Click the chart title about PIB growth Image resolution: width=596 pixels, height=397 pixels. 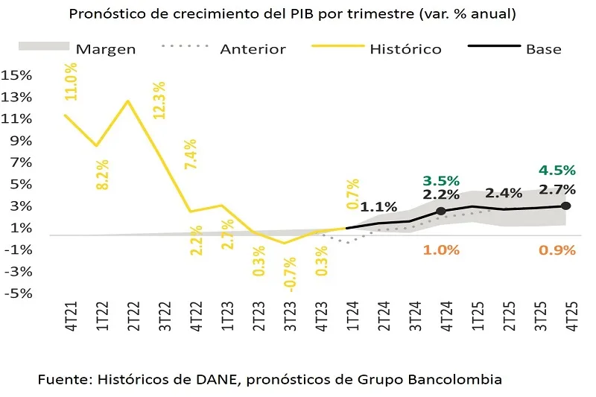click(x=293, y=14)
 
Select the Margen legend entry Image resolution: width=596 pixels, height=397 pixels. click(x=106, y=49)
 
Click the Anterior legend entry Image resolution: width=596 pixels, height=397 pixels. click(x=253, y=49)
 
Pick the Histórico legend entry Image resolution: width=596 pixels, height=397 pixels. click(x=405, y=49)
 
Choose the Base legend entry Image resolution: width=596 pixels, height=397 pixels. click(x=543, y=49)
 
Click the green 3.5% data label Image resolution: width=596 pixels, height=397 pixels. click(x=441, y=180)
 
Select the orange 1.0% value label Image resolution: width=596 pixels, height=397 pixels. click(x=441, y=250)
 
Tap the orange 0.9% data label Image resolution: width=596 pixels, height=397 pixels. click(x=557, y=250)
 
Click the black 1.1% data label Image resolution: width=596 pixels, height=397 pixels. click(x=378, y=207)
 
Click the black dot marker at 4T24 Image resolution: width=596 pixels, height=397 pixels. click(x=440, y=212)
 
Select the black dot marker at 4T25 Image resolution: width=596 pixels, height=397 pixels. click(x=565, y=206)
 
